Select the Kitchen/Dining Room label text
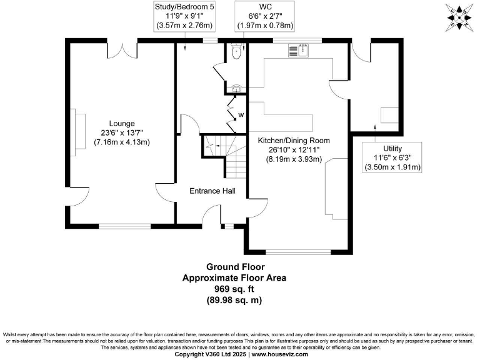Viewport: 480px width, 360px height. (294, 141)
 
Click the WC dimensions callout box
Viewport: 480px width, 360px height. (264, 17)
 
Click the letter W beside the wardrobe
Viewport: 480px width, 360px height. (241, 115)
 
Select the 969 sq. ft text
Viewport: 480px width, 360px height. (234, 289)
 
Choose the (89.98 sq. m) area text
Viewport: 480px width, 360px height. (234, 300)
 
